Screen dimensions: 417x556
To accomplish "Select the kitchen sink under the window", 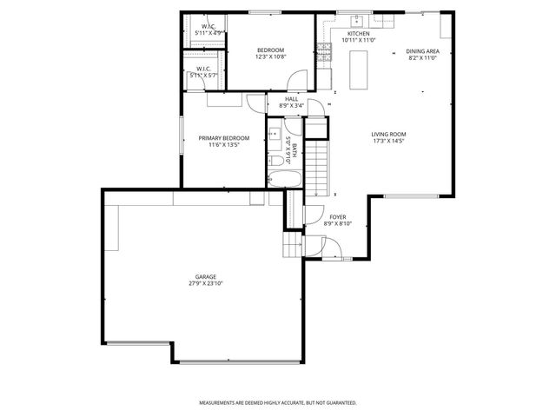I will (354, 20).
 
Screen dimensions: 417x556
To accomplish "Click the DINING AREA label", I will (422, 50).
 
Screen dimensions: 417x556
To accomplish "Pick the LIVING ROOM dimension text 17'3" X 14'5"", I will (388, 141).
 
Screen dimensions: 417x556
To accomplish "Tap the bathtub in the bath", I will (284, 180).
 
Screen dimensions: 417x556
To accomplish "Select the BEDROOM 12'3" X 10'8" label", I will (270, 53).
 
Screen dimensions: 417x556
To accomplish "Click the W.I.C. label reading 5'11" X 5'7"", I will (204, 72).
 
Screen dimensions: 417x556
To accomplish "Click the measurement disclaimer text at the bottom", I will (277, 403).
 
